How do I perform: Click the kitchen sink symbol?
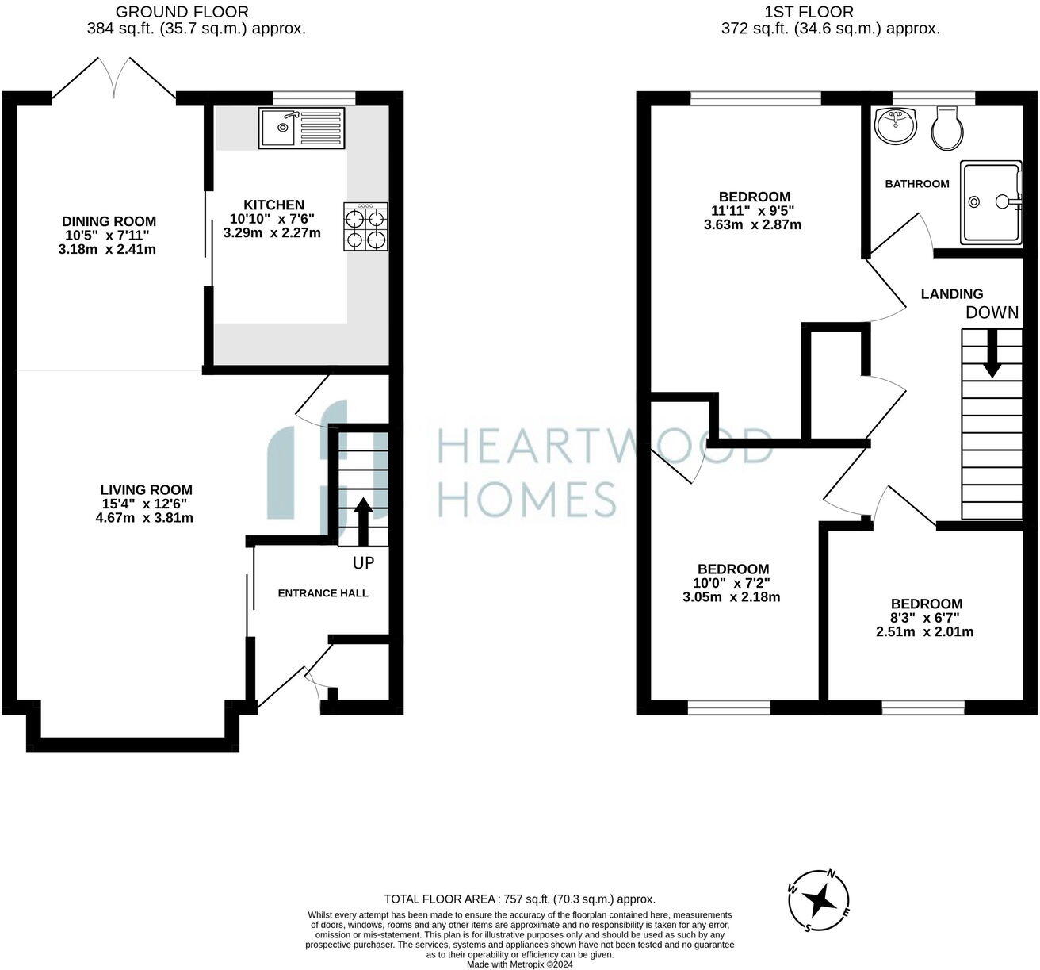(x=301, y=127)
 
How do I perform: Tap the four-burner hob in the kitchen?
(x=365, y=227)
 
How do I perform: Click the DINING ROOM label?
(x=109, y=221)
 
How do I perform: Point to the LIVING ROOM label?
(x=146, y=490)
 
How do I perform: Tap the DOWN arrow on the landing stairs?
(x=991, y=355)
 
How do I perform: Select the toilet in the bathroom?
(x=947, y=129)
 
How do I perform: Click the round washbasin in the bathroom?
(x=895, y=125)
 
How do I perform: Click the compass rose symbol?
(x=820, y=901)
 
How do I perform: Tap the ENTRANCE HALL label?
(x=323, y=592)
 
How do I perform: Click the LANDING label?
(x=951, y=293)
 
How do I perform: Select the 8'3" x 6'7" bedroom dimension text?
(x=924, y=618)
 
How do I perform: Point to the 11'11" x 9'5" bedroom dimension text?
(x=752, y=211)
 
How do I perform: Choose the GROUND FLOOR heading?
(x=182, y=12)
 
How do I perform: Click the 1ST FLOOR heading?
(x=809, y=12)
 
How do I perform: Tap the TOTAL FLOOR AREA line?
(x=519, y=899)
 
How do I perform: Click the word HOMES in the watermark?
(x=527, y=500)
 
